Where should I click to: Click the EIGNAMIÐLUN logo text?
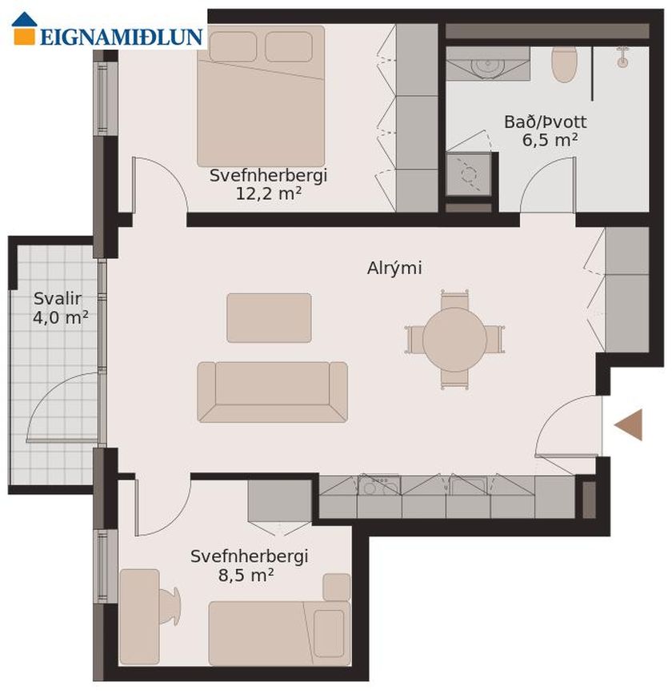pos(122,37)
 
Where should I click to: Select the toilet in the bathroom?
pos(564,65)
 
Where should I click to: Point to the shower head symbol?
pos(623,57)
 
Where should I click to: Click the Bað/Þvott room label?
pos(546,122)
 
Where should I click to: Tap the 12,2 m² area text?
pos(269,193)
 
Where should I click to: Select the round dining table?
pos(454,340)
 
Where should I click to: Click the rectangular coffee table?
pos(269,318)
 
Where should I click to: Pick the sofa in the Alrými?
pos(273,392)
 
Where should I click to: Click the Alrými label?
pos(394,269)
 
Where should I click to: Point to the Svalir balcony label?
pos(58,299)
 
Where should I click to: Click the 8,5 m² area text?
pos(246,575)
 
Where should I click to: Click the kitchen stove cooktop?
pos(379,485)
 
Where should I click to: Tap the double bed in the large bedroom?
pos(261,95)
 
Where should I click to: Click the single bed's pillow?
pos(329,634)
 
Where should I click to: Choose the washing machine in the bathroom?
pos(469,174)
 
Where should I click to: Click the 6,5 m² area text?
pos(550,140)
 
